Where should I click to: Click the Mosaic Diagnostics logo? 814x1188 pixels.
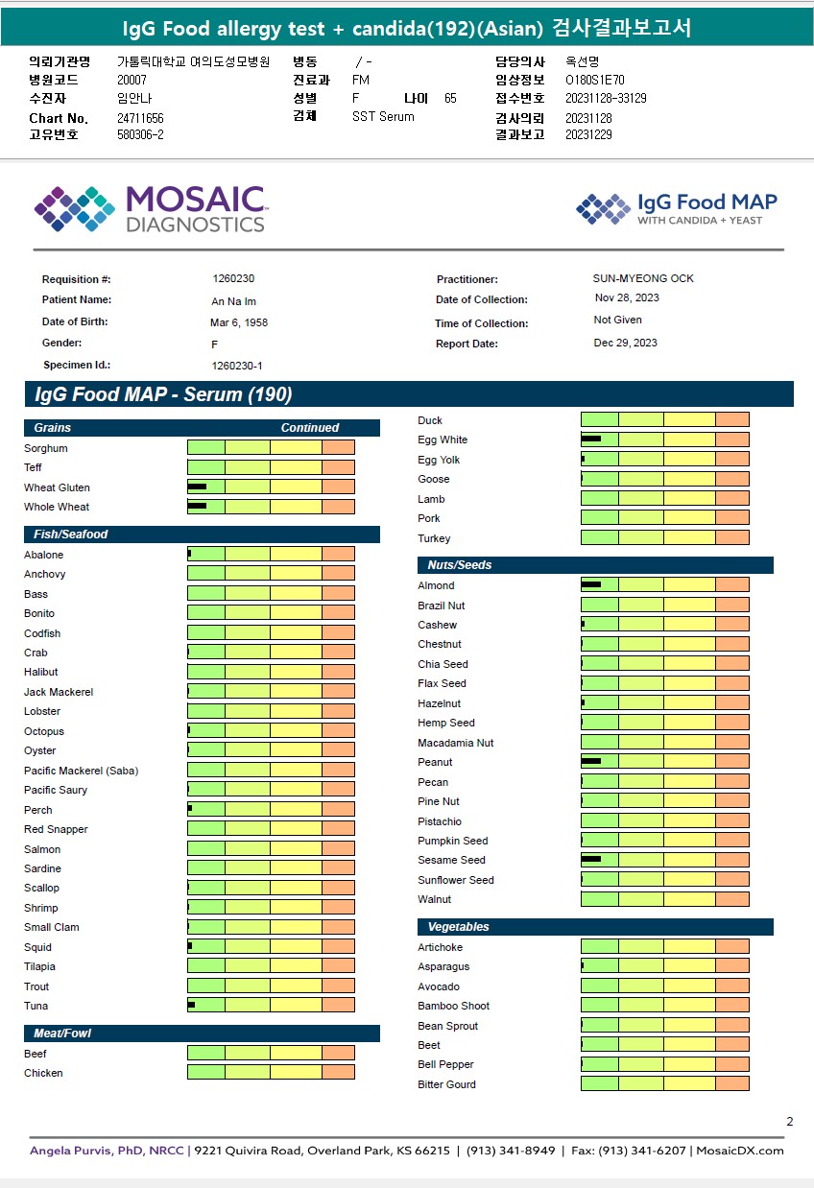(x=150, y=209)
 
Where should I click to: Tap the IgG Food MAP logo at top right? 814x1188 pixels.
(x=677, y=209)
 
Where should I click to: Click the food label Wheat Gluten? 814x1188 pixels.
(x=57, y=487)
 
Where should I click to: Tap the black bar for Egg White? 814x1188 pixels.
(x=591, y=440)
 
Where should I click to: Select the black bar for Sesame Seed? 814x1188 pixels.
(x=591, y=860)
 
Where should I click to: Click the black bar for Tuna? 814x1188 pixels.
(x=192, y=1005)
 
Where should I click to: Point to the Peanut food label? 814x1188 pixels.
(x=435, y=762)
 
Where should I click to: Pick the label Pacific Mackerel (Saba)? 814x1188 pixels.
(x=81, y=771)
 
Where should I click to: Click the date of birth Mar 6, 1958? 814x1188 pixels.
(x=239, y=322)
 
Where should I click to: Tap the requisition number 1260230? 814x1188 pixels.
(x=233, y=278)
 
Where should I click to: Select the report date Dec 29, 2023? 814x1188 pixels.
(x=626, y=343)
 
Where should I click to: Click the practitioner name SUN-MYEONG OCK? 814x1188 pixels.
(x=643, y=278)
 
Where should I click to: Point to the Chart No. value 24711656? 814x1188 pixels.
(x=140, y=118)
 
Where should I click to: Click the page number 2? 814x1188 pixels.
(x=789, y=1122)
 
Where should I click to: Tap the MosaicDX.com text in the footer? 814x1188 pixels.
(x=739, y=1151)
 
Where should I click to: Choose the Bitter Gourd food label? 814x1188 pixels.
(x=446, y=1084)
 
